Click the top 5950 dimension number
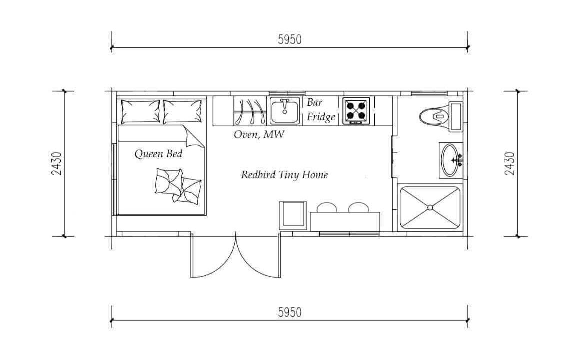pos(290,39)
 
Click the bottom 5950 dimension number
pos(290,312)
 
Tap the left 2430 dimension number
pos(56,163)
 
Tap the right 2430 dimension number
pos(509,163)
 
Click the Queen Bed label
pos(158,153)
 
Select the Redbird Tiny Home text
pos(284,174)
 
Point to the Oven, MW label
pos(259,134)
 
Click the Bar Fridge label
pos(321,109)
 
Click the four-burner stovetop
pos(356,111)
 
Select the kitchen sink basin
pos(285,111)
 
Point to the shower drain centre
pos(430,208)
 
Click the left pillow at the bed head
pos(141,112)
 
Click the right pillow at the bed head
pos(182,112)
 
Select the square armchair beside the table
pos(293,215)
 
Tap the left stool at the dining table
pos(327,208)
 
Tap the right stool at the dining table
pos(359,208)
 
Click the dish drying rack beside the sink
pos(250,111)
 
